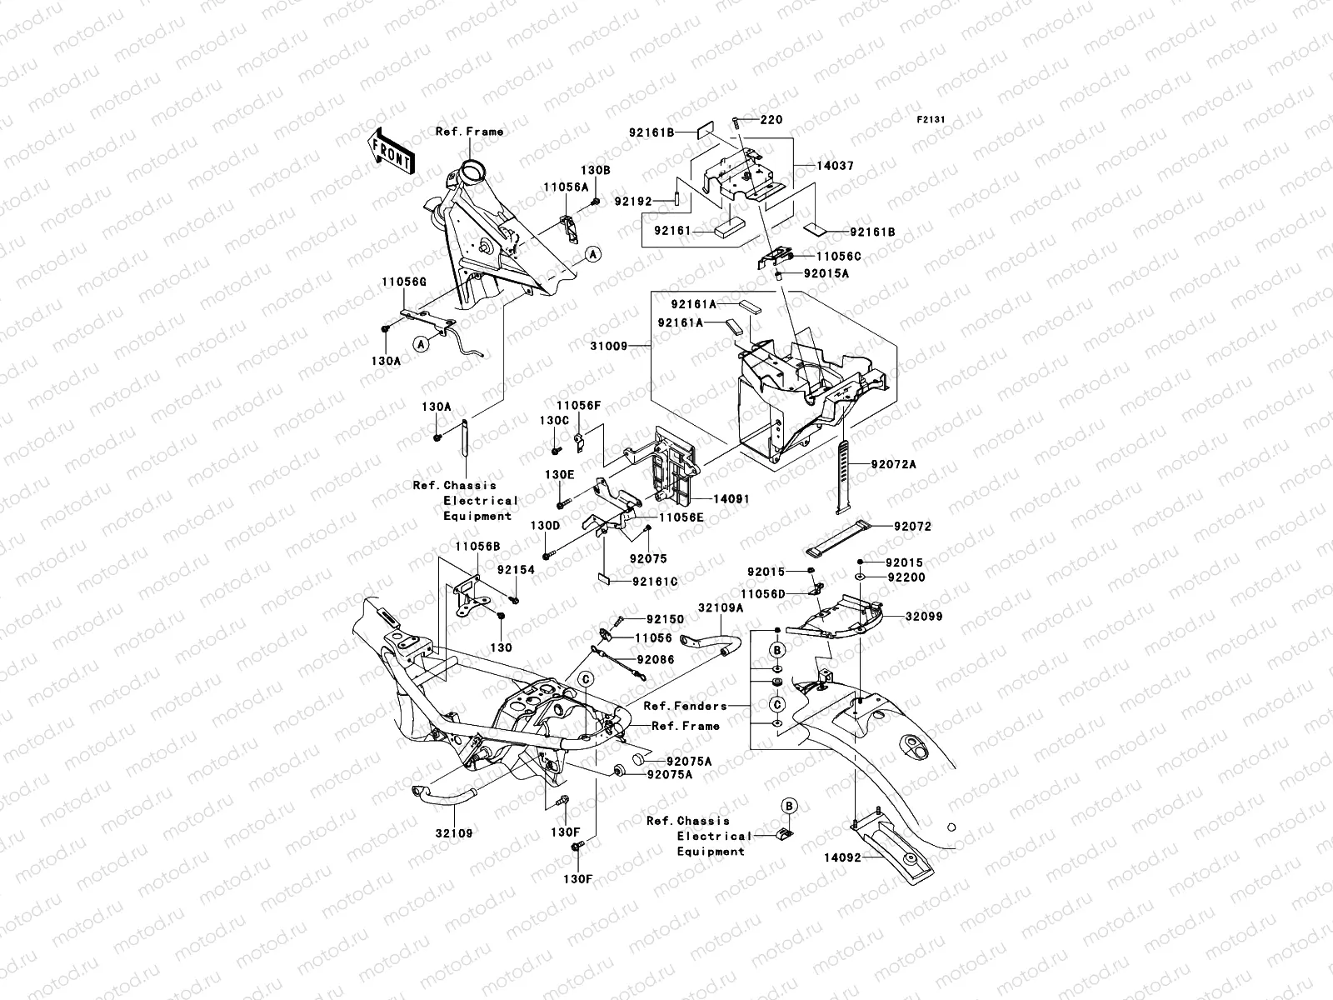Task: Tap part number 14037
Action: [x=836, y=167]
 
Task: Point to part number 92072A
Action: [x=893, y=464]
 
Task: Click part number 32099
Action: [x=925, y=617]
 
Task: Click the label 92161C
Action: [x=654, y=582]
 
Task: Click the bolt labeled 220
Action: [x=736, y=122]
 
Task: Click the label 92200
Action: [x=906, y=577]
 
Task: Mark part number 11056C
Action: [x=838, y=257]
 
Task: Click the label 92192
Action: [x=636, y=201]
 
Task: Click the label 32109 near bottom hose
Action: [x=452, y=832]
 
